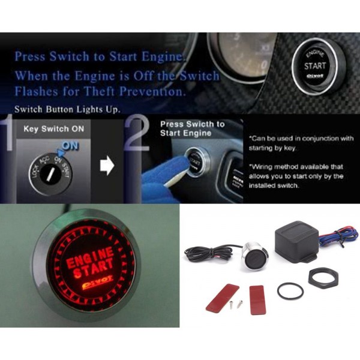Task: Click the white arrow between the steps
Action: (107, 166)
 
